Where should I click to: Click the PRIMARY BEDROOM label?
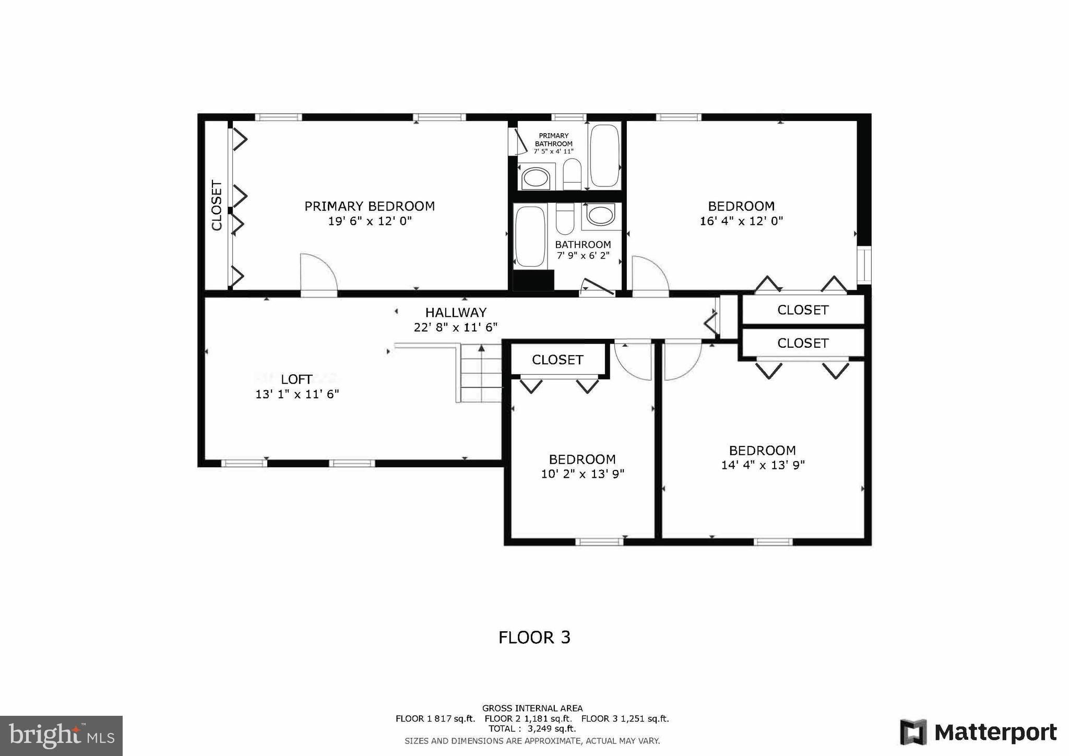(370, 206)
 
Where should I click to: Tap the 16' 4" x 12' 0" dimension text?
(741, 221)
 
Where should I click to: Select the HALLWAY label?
(456, 313)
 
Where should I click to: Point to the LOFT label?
(296, 380)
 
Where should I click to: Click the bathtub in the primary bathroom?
(604, 156)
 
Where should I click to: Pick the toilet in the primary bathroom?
(572, 175)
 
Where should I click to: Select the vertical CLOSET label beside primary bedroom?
(217, 205)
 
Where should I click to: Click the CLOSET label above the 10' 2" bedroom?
(557, 360)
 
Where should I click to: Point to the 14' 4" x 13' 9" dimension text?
(763, 465)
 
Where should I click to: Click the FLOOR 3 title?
(534, 637)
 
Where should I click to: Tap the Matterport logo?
(978, 733)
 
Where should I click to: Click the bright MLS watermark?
(61, 736)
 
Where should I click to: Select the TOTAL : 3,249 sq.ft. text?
(532, 729)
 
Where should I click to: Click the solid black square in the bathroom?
(533, 280)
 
